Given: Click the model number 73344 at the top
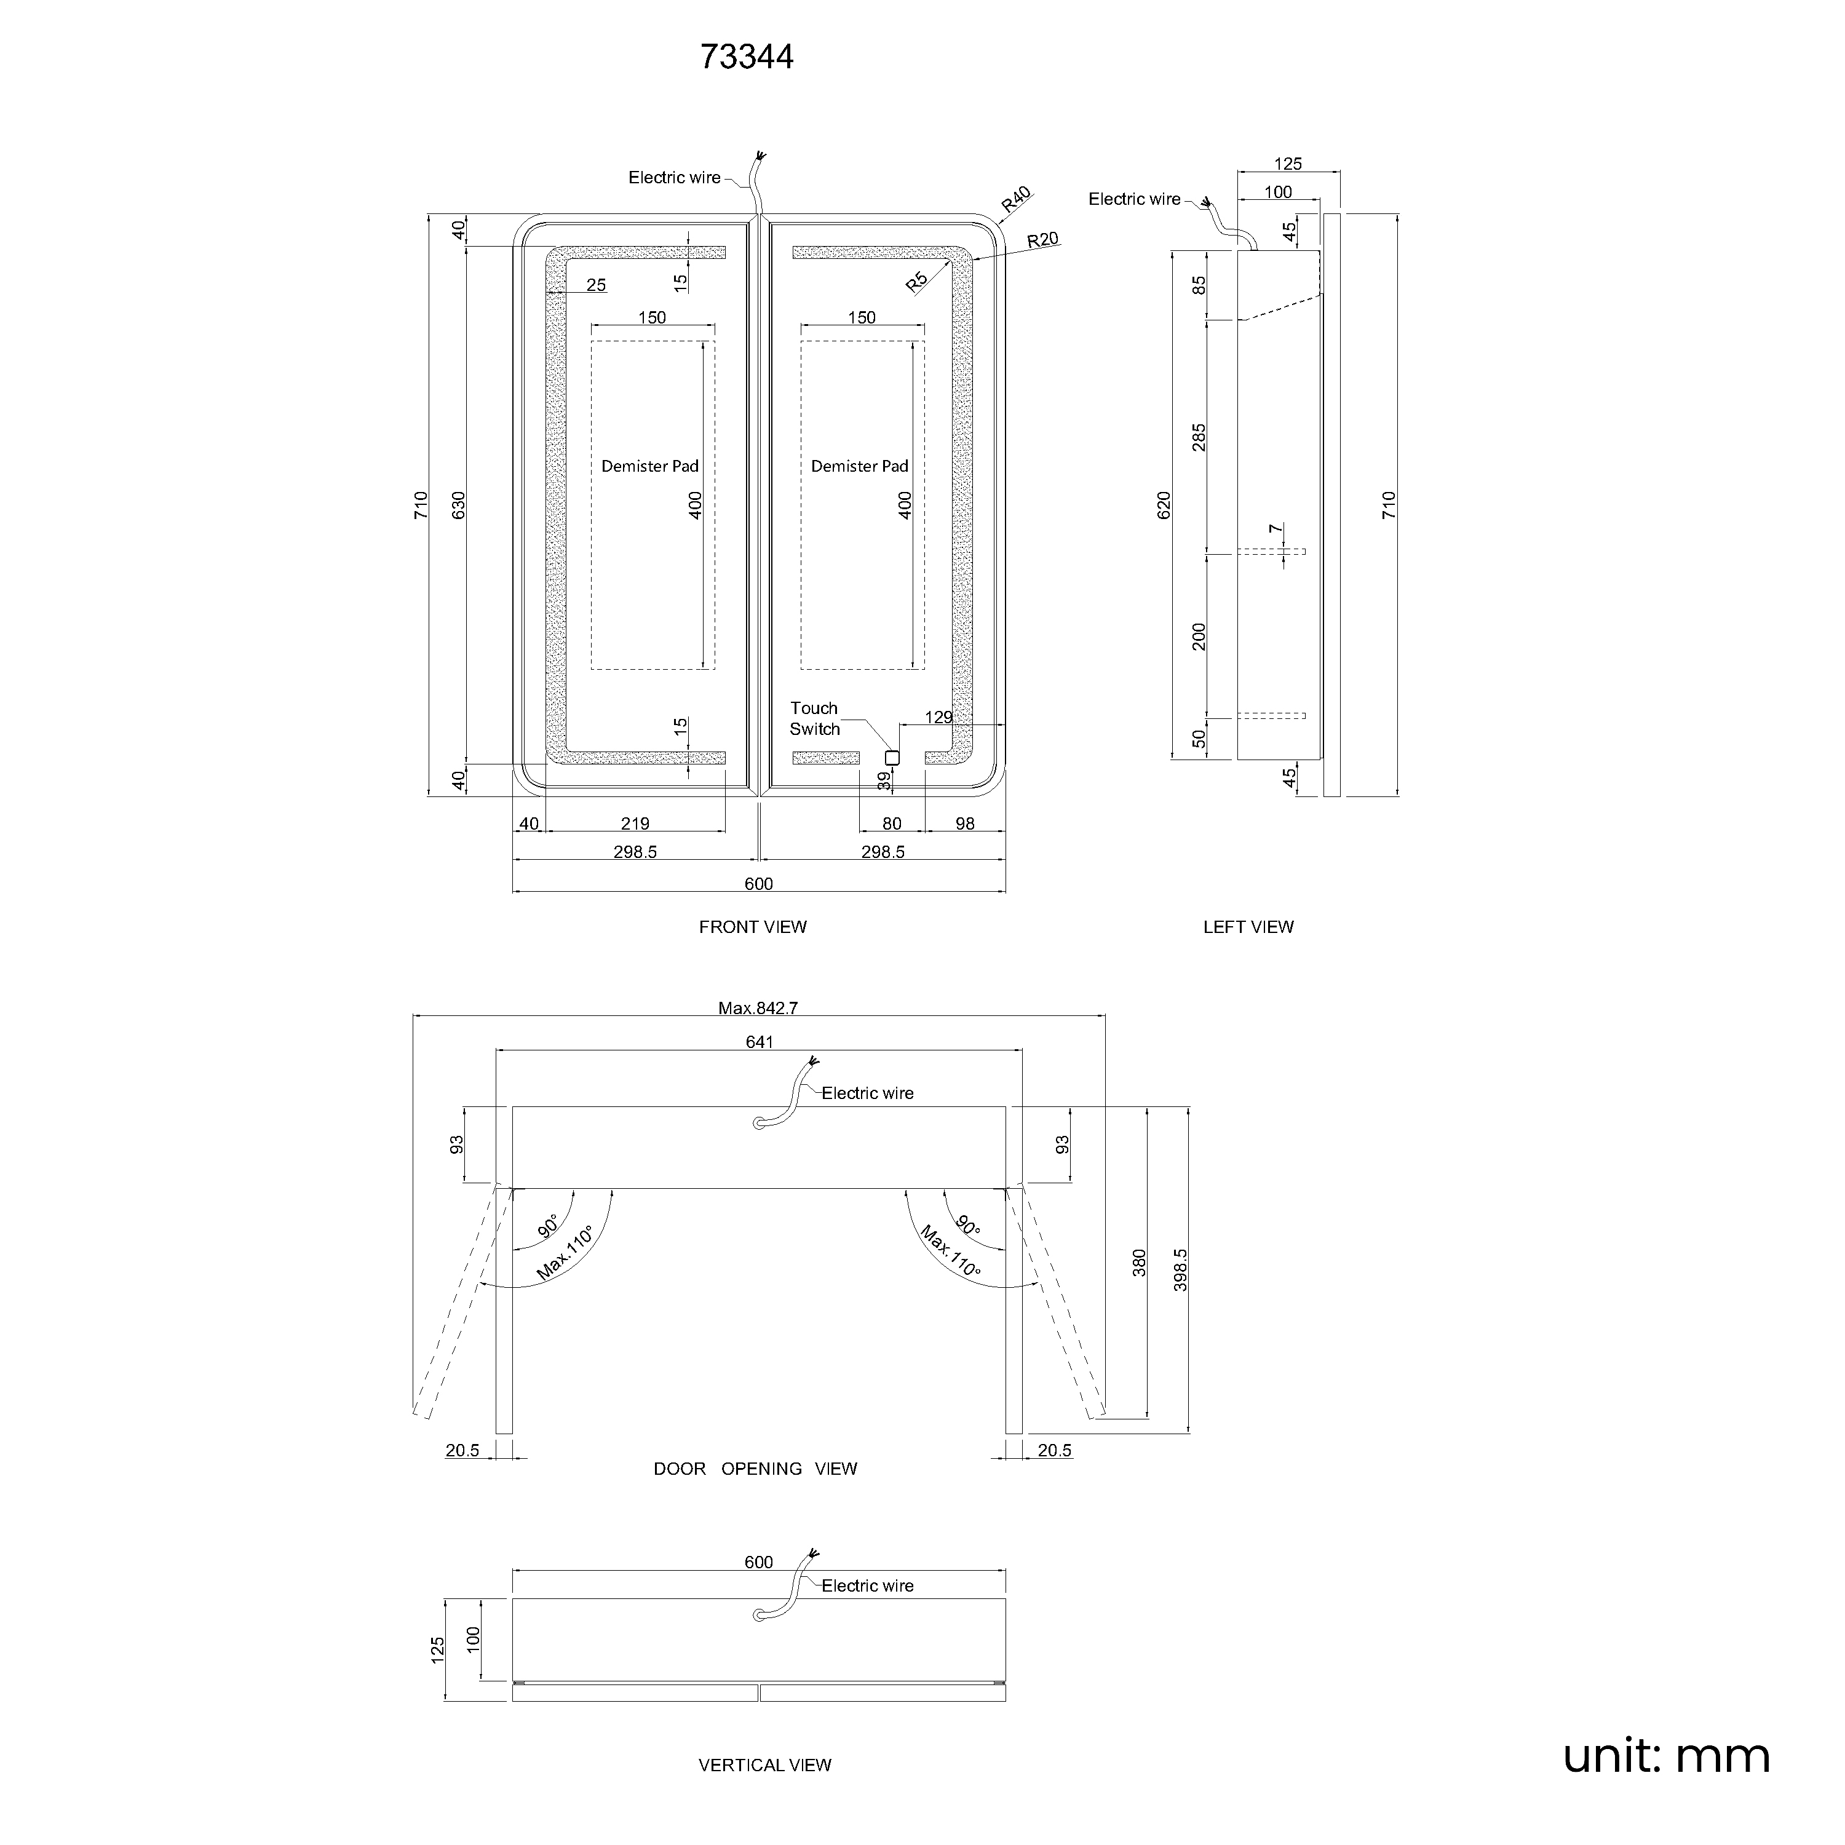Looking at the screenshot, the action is coord(747,57).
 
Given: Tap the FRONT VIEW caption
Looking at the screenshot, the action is coord(753,927).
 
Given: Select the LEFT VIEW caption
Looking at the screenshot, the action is coord(1248,927).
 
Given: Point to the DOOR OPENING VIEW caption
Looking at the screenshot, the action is coord(755,1469).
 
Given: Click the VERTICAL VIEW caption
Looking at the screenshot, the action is coord(765,1766).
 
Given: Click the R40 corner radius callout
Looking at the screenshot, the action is coord(1016,200).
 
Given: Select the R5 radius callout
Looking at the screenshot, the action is coord(917,282).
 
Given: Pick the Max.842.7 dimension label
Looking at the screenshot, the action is coord(758,1009).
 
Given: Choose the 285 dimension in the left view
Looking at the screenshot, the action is coord(1199,437).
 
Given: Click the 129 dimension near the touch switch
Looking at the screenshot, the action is coord(938,717).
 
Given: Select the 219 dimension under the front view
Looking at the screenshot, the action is coord(635,824).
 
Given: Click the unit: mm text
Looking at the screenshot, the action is coord(1667,1757).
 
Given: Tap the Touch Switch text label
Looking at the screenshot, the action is coord(815,719).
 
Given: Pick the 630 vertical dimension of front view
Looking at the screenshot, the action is coord(458,505).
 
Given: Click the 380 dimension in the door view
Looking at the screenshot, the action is coord(1139,1263).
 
